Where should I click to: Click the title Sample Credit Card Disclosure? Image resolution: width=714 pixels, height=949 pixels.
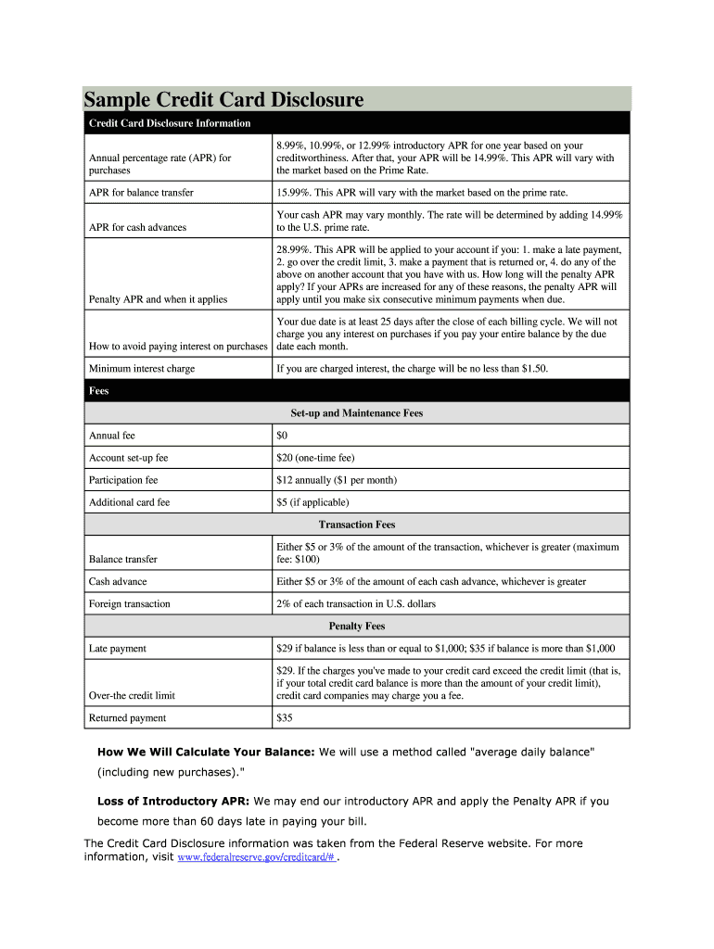pyautogui.click(x=223, y=99)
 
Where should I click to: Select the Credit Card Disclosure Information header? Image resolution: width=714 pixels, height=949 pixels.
pyautogui.click(x=169, y=123)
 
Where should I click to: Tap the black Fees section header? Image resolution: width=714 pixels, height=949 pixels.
pyautogui.click(x=98, y=391)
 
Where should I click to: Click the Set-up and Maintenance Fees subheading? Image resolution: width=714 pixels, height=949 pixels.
pyautogui.click(x=357, y=413)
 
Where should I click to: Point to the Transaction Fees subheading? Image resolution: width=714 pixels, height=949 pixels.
pyautogui.click(x=357, y=525)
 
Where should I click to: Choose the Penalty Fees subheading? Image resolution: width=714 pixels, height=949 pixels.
pyautogui.click(x=357, y=626)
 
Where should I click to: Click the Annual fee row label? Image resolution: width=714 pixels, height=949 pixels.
pyautogui.click(x=112, y=436)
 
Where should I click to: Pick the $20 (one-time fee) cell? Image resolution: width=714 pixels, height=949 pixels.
pyautogui.click(x=315, y=458)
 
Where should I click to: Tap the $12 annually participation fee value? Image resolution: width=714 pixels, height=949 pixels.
pyautogui.click(x=336, y=480)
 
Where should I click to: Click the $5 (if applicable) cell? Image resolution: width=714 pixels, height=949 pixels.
pyautogui.click(x=312, y=502)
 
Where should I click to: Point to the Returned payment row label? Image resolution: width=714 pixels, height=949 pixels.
pyautogui.click(x=127, y=718)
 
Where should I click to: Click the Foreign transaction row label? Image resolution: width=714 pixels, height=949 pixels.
pyautogui.click(x=129, y=604)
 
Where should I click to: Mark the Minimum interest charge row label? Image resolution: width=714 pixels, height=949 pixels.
pyautogui.click(x=141, y=369)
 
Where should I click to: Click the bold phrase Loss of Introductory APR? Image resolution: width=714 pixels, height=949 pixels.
pyautogui.click(x=173, y=801)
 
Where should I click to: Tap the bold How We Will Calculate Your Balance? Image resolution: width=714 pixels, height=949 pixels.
pyautogui.click(x=206, y=752)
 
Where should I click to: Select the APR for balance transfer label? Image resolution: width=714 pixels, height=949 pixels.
pyautogui.click(x=144, y=193)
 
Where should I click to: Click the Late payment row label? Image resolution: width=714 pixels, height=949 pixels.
pyautogui.click(x=117, y=649)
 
